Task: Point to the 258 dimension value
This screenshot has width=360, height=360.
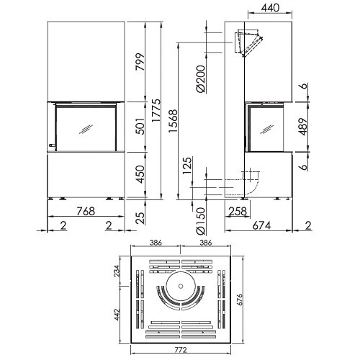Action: [x=238, y=212]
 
